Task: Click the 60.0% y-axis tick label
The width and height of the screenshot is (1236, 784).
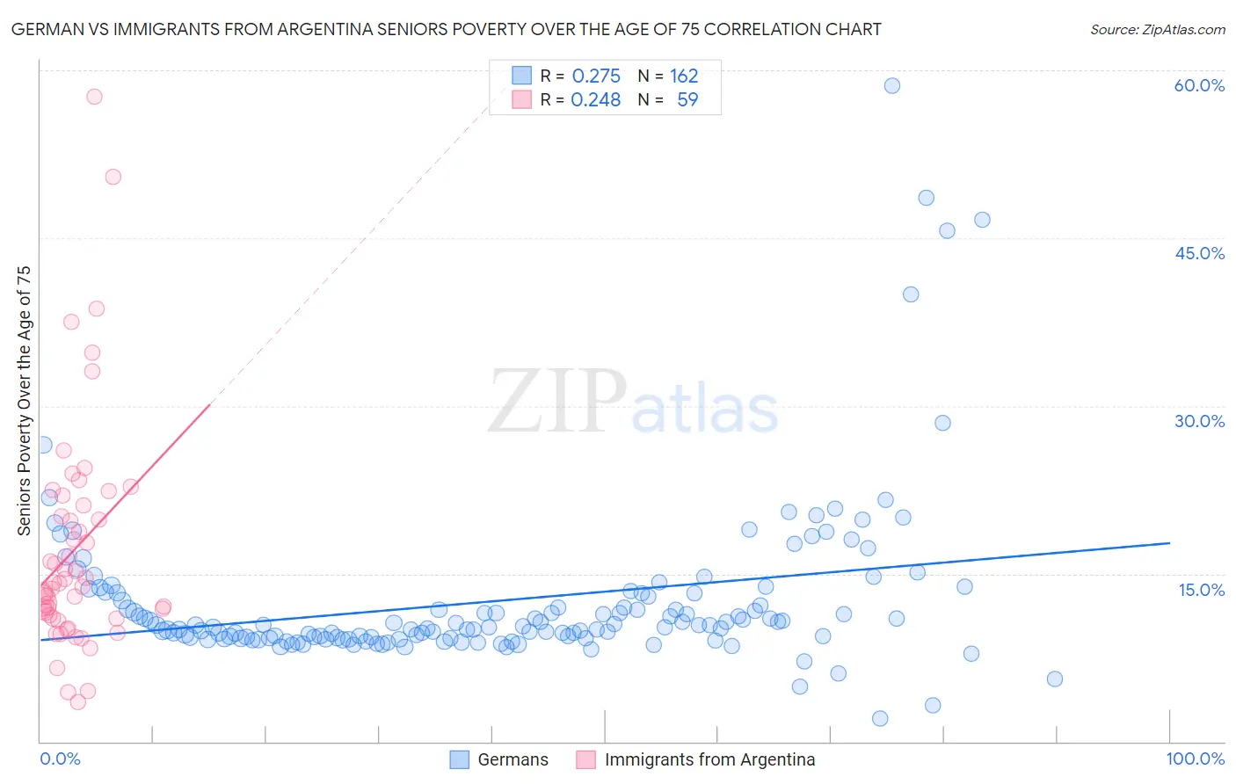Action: (1199, 85)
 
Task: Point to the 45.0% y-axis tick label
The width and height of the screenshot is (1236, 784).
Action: (1199, 253)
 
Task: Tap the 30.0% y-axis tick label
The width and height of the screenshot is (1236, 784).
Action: (1199, 421)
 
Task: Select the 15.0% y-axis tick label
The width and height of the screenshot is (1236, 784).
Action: (1201, 589)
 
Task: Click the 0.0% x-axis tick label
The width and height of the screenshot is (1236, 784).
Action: (60, 759)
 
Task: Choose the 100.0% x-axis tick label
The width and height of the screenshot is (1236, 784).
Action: (1195, 759)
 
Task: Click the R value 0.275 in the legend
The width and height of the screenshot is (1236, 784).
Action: (596, 76)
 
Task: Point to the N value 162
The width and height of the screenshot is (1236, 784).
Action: (684, 76)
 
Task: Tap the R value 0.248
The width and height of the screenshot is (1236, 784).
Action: (596, 100)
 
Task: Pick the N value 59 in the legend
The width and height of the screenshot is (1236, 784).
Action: (687, 100)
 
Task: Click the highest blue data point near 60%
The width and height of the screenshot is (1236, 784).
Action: (892, 85)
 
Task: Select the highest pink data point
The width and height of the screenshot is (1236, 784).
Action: (94, 97)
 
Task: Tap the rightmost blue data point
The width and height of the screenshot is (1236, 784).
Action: (1055, 679)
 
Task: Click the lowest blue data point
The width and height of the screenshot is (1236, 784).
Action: (880, 718)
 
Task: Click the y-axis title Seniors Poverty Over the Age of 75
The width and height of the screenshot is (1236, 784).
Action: (24, 401)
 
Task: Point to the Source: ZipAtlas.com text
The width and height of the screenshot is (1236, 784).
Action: (1157, 30)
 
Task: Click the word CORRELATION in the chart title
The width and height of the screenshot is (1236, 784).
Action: (762, 30)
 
